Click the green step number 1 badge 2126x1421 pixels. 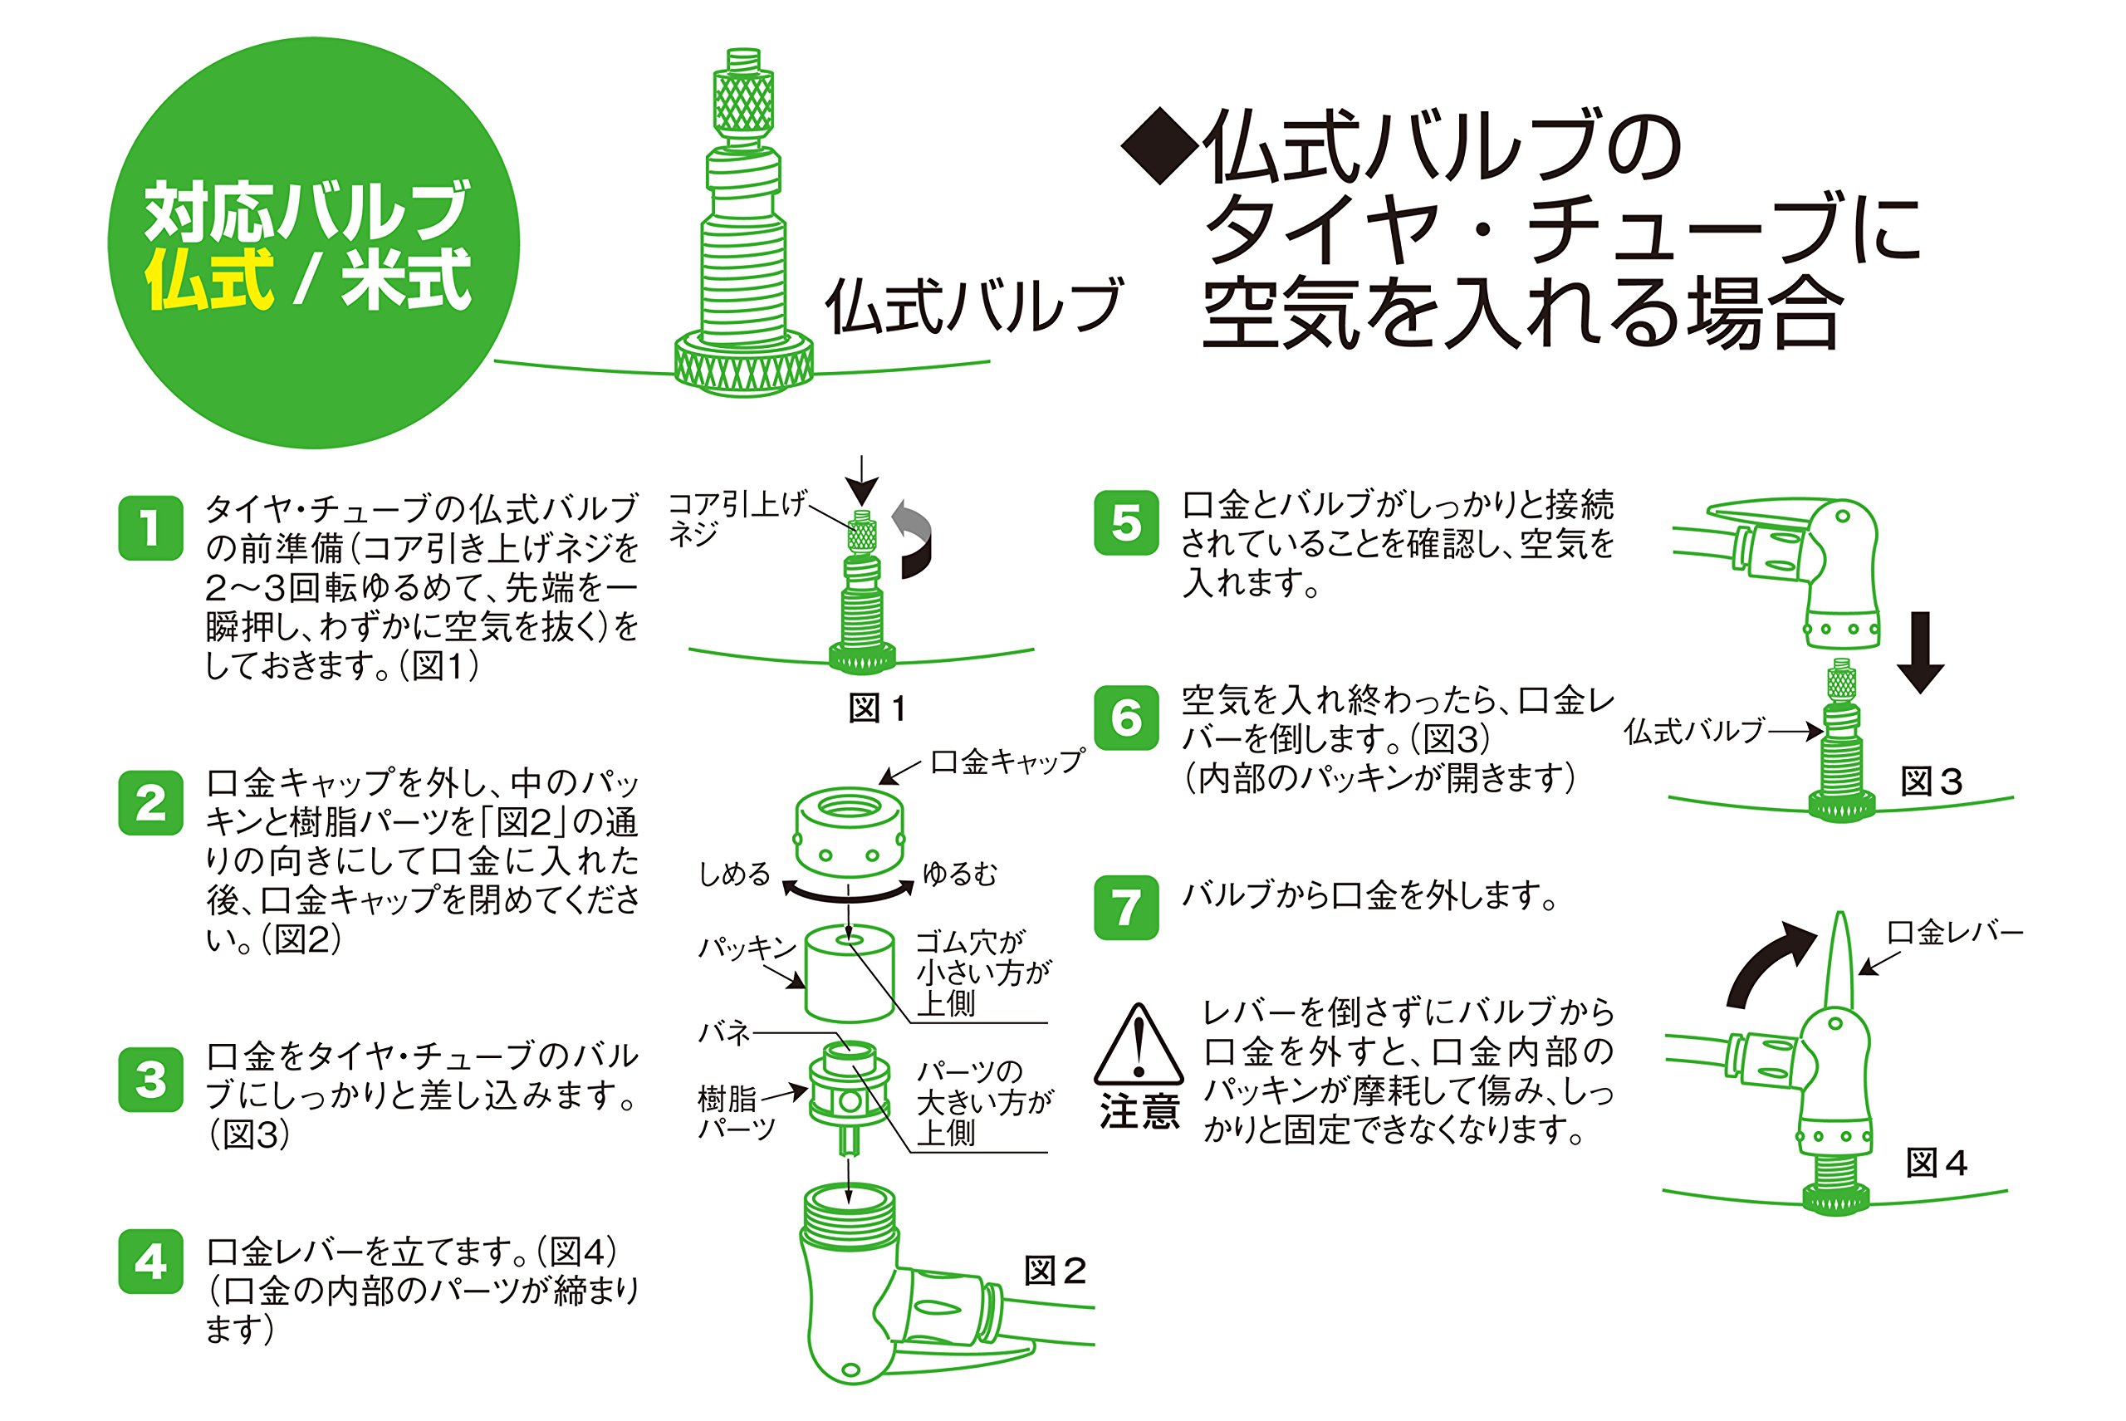coord(150,527)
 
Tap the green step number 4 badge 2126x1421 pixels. coord(150,1262)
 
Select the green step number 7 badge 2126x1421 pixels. coord(1126,907)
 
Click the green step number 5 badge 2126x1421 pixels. coord(1126,523)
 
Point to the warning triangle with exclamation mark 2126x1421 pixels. coord(1139,1045)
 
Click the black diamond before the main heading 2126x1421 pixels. coord(1161,146)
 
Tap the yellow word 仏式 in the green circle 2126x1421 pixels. coord(209,279)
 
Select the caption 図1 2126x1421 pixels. coord(876,708)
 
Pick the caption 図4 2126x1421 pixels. coord(1936,1163)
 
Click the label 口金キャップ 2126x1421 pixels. coord(1007,762)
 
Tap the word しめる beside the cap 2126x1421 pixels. coord(734,874)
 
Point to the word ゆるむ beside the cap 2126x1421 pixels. coord(960,874)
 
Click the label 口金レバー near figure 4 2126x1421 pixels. coord(1955,933)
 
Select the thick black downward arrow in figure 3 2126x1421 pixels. coord(1920,653)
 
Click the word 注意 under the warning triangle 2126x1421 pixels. coord(1139,1111)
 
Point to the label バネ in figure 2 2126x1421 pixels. coord(724,1032)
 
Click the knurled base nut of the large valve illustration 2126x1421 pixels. coord(744,367)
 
